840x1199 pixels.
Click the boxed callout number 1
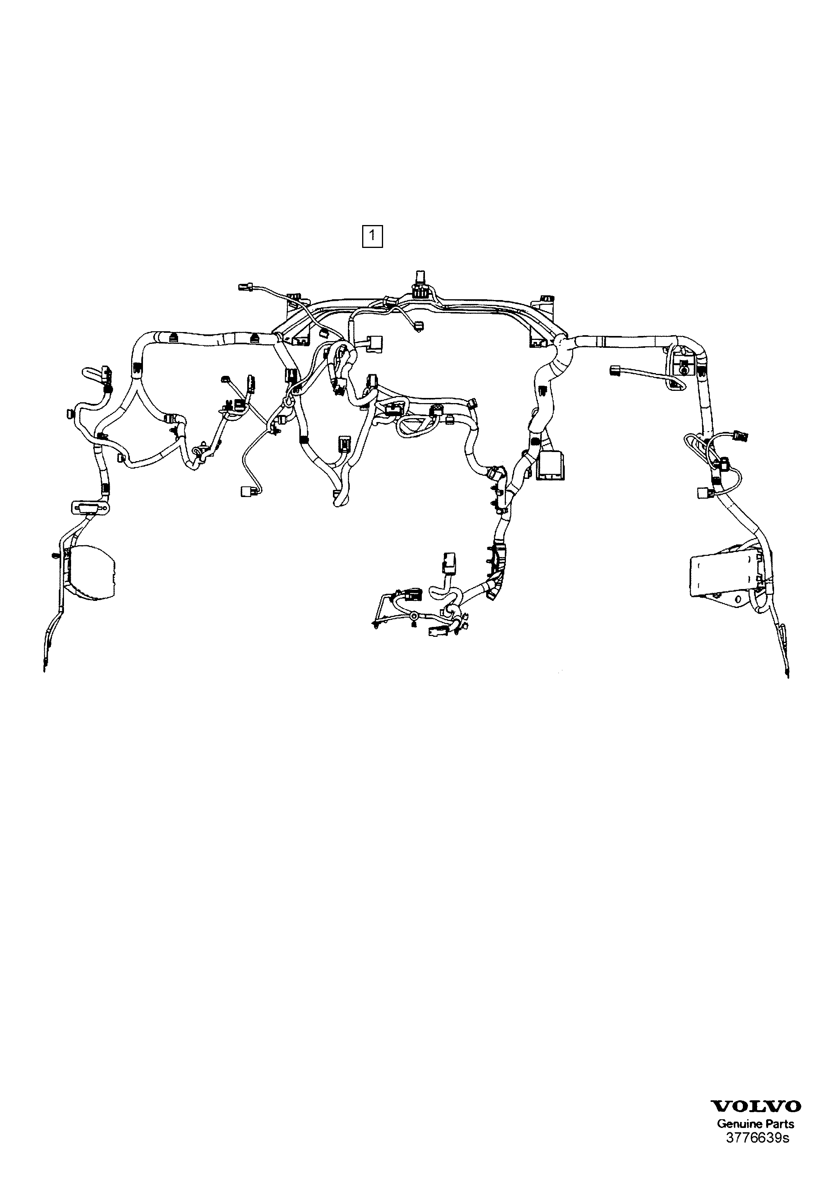coord(372,236)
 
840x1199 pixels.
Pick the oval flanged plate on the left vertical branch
coord(90,507)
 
